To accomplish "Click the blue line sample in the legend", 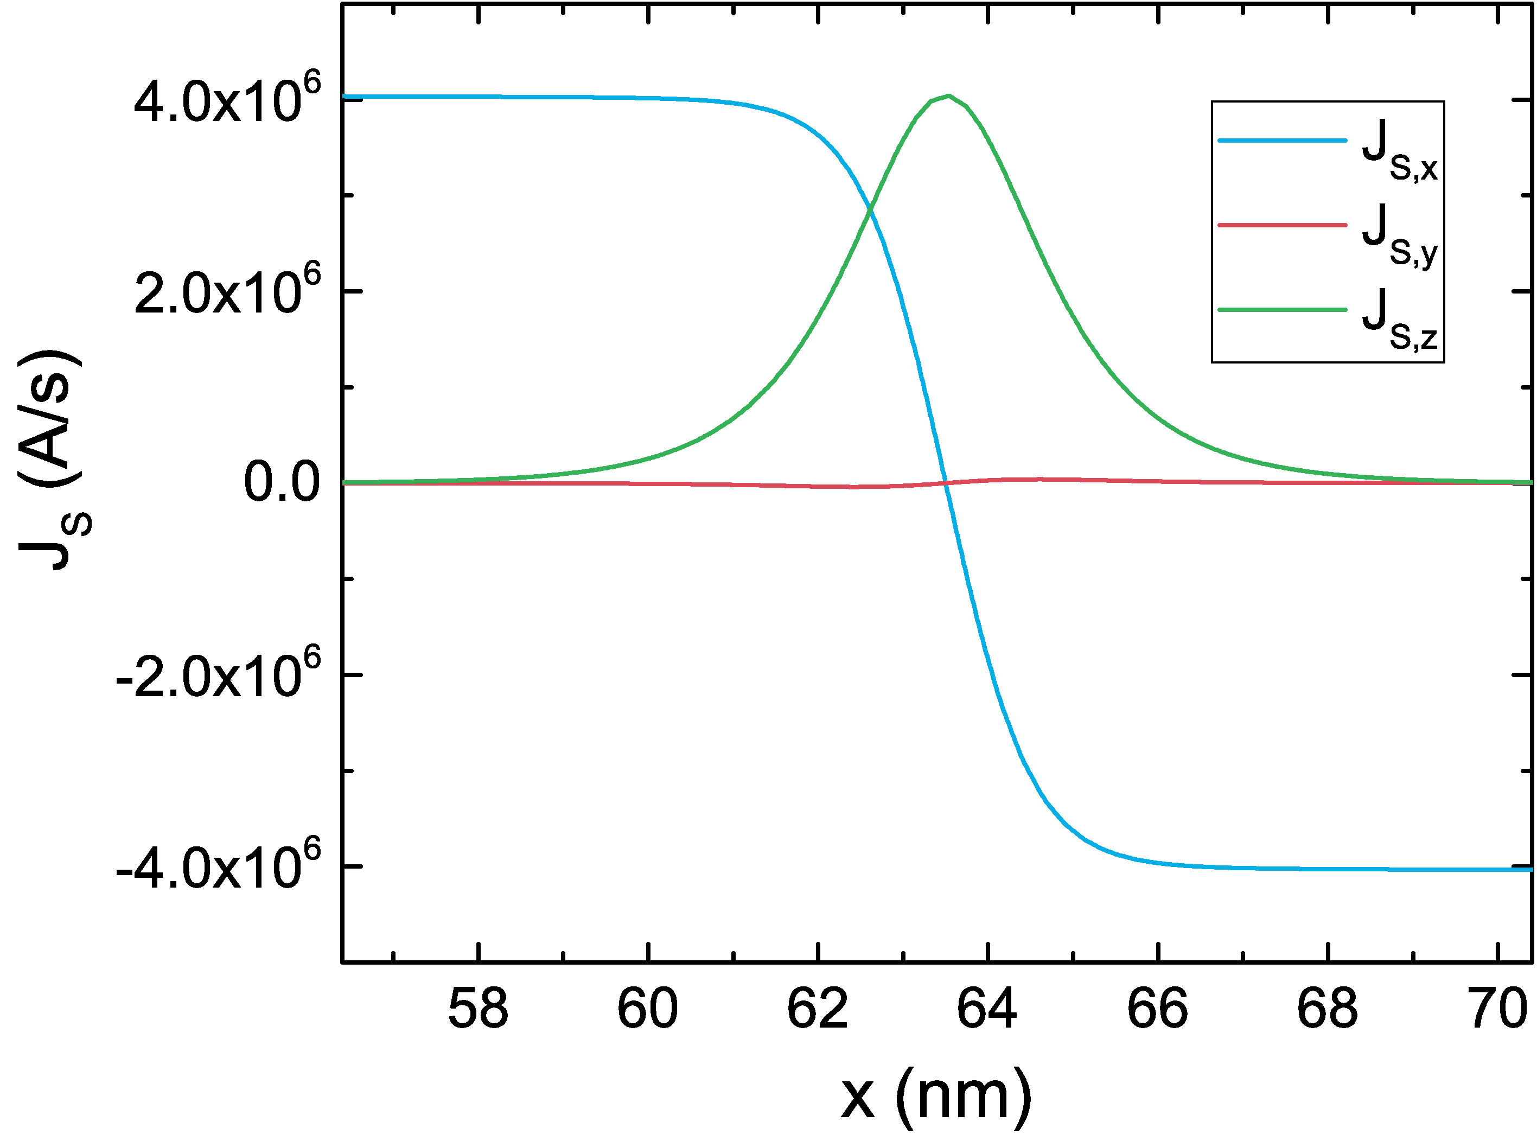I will coord(1282,141).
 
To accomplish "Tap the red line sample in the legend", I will coord(1282,225).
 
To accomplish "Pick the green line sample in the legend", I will coord(1282,310).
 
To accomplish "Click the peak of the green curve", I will coord(948,96).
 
